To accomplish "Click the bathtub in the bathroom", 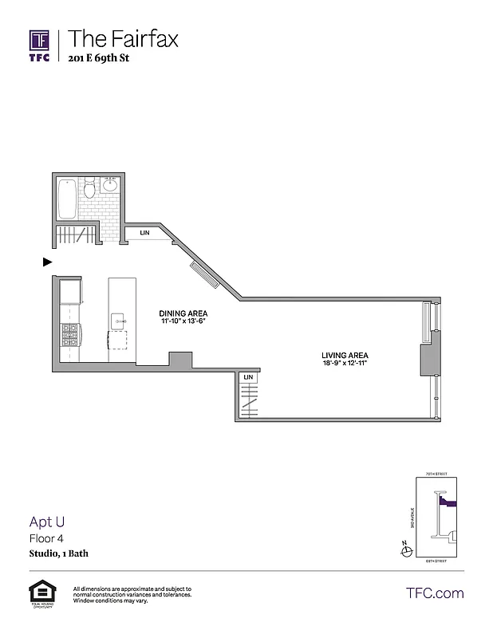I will click(x=68, y=198).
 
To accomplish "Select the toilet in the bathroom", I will click(x=90, y=188).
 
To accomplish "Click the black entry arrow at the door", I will click(x=47, y=261).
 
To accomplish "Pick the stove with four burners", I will click(x=70, y=332).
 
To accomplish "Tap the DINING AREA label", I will click(x=183, y=313).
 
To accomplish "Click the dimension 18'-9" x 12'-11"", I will click(x=344, y=364).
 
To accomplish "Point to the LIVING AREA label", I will click(x=344, y=355).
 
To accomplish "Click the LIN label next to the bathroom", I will click(x=145, y=233).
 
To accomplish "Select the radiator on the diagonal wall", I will click(x=205, y=276).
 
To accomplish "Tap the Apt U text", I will click(x=47, y=523).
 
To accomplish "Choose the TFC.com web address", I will click(x=435, y=593).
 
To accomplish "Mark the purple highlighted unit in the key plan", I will click(x=449, y=503).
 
